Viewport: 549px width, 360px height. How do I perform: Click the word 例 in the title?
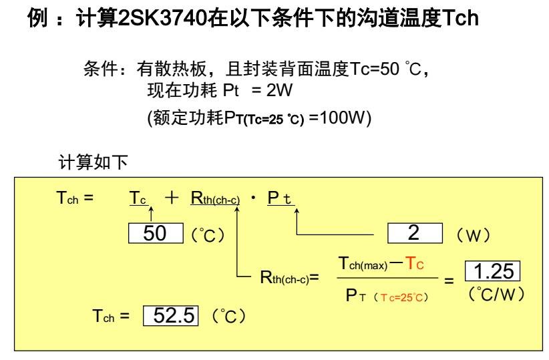(x=37, y=18)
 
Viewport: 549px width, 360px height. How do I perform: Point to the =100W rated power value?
(x=339, y=118)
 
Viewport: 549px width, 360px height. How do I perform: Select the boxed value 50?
(x=156, y=234)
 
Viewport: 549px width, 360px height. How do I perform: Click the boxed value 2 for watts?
(x=414, y=234)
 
